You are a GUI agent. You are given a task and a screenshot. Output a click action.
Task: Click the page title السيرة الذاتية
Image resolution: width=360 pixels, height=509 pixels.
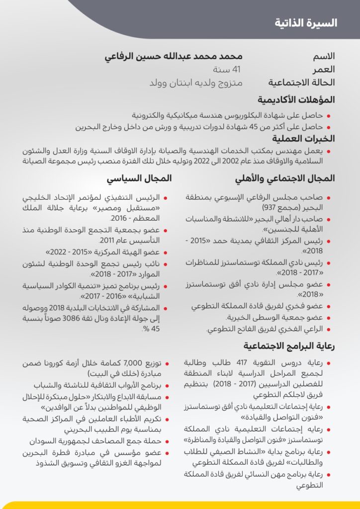(306, 23)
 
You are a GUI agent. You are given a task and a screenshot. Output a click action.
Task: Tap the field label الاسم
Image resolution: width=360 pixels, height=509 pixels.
(324, 56)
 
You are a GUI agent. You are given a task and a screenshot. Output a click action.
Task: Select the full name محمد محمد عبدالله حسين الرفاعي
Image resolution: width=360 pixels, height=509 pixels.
(174, 56)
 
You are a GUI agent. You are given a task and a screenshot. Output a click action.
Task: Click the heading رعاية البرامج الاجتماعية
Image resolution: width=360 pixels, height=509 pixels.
(289, 346)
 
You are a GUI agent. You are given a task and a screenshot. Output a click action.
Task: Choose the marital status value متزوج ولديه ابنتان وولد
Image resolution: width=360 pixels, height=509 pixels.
(196, 83)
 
